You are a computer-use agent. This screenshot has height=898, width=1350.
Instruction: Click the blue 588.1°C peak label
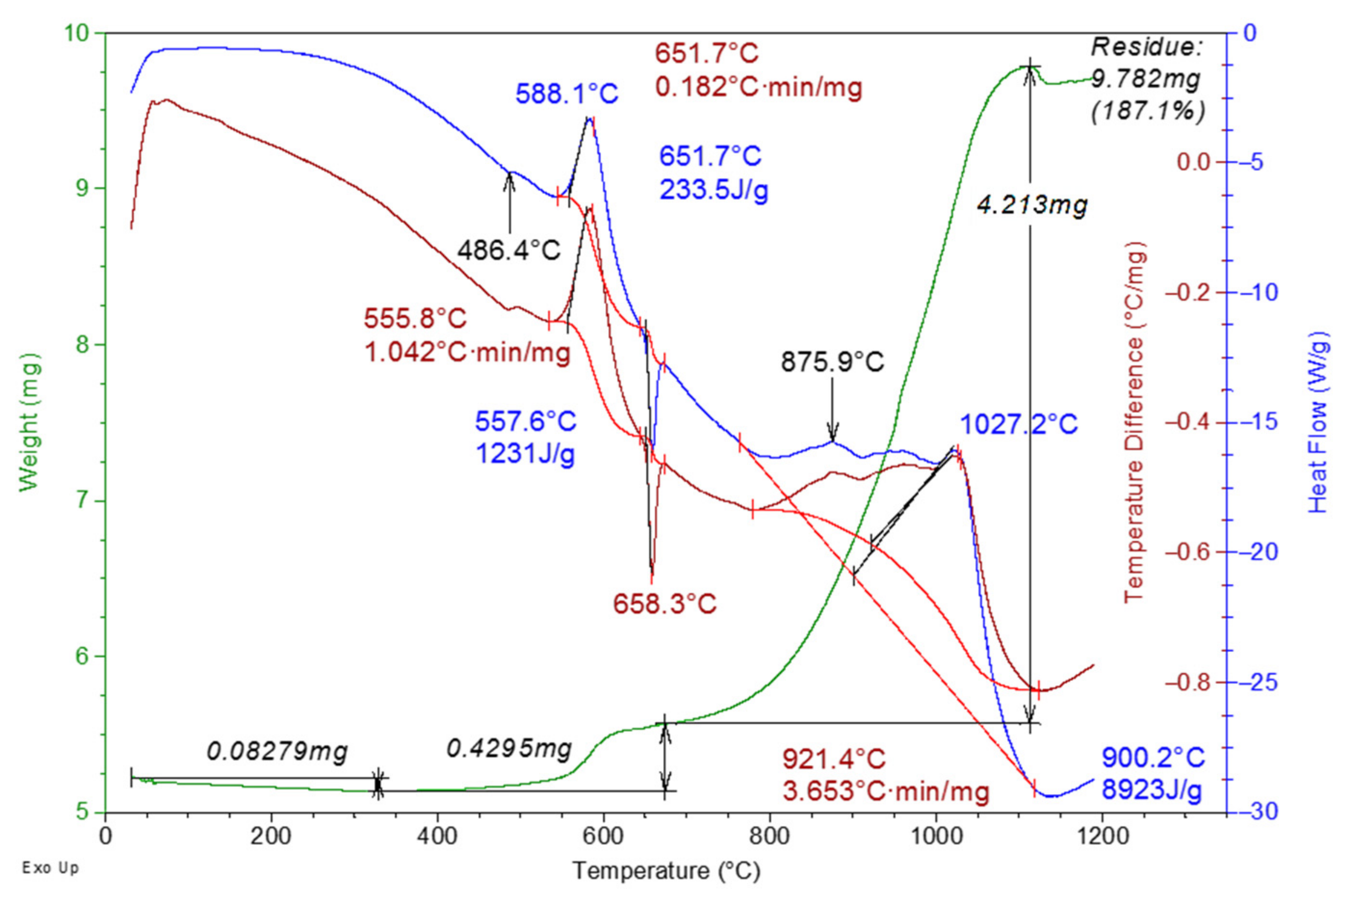click(x=566, y=94)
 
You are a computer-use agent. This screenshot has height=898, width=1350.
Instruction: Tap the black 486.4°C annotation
click(x=508, y=251)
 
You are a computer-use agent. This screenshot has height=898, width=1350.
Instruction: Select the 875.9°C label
click(x=832, y=362)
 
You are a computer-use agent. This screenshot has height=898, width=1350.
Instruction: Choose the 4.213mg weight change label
click(x=1032, y=205)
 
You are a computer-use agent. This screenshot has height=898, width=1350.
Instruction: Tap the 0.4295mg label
click(x=509, y=748)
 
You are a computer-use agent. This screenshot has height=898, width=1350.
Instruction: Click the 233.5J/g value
click(x=714, y=190)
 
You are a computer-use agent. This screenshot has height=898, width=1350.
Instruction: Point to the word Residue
click(x=1147, y=47)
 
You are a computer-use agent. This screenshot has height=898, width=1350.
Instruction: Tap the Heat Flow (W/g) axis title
click(x=1317, y=422)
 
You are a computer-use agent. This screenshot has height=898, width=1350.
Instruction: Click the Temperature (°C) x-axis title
click(x=666, y=871)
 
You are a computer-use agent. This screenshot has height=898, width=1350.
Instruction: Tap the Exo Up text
click(x=51, y=868)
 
